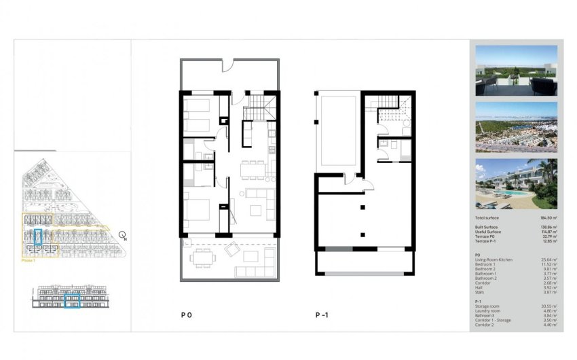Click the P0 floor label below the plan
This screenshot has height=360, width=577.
tap(186, 315)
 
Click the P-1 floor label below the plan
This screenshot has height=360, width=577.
tap(322, 315)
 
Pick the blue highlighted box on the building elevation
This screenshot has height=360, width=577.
tap(72, 300)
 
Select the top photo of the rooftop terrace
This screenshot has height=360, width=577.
tap(516, 71)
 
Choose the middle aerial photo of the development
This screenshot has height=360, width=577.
tap(516, 127)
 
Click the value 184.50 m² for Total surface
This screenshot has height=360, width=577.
tap(546, 217)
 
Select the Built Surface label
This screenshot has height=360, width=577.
tap(487, 227)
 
